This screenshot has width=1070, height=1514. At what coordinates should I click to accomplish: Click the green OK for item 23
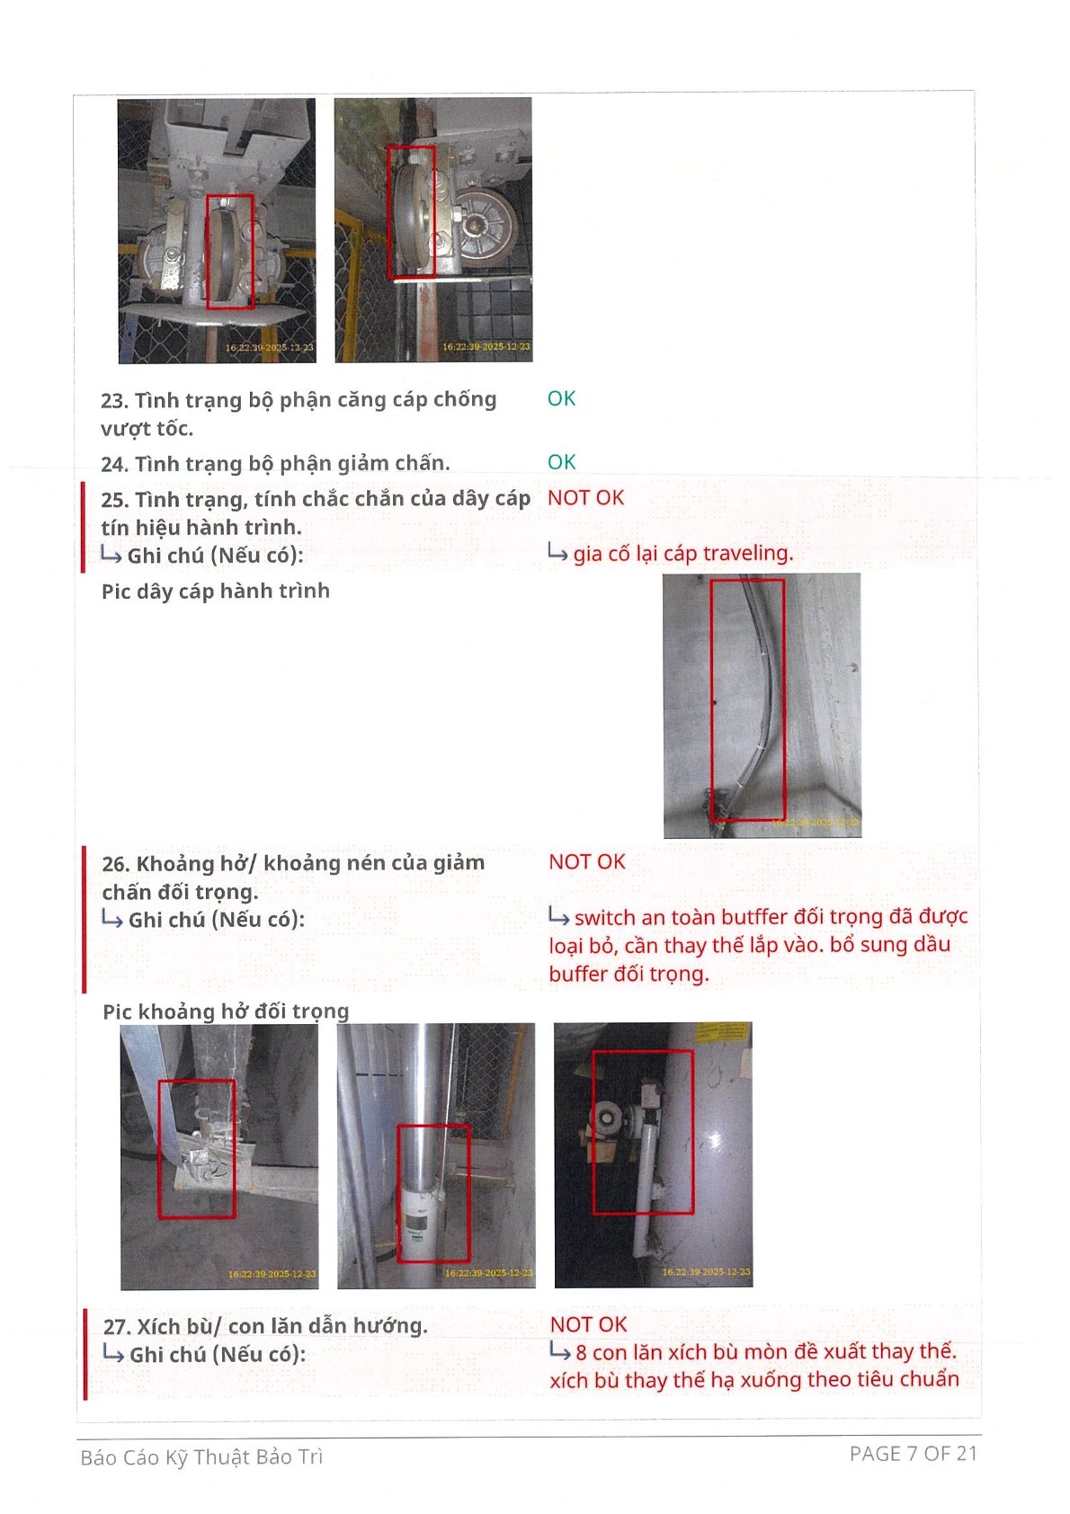pos(561,398)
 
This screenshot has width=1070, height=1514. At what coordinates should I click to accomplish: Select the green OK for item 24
pos(561,461)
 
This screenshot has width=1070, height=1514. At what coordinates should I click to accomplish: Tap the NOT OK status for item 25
pos(585,497)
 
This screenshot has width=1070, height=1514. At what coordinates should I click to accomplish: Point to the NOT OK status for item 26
pos(587,862)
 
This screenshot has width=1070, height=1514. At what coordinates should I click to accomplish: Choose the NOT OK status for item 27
pos(588,1325)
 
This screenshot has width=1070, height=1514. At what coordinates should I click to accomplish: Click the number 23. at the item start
pos(115,401)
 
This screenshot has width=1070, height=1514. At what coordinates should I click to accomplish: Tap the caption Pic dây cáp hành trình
pos(216,592)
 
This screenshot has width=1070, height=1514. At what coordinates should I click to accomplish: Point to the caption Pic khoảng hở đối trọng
pos(226,1011)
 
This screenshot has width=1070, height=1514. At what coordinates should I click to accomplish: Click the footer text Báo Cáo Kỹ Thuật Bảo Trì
pos(201,1458)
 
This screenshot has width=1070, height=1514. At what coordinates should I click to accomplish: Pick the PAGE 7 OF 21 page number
pos(914,1454)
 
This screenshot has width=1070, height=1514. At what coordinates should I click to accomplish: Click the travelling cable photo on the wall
pos(762,706)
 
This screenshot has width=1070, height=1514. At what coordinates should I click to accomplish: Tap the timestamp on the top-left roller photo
pos(269,347)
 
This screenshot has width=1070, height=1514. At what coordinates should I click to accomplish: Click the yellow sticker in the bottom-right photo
pos(722,1032)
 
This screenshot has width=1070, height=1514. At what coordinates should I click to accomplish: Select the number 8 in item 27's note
pos(581,1352)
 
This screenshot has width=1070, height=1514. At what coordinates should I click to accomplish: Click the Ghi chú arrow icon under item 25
pos(111,556)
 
